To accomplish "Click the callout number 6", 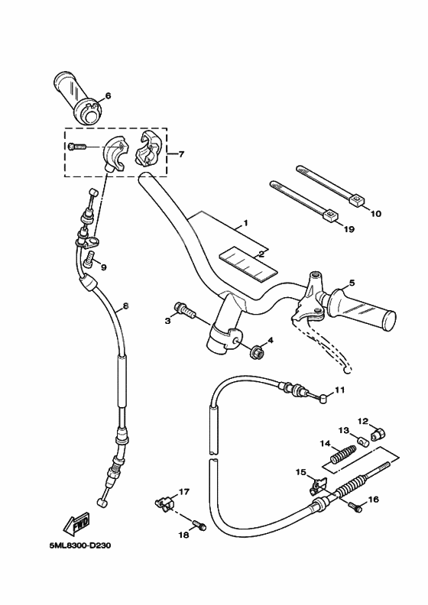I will pos(108,95).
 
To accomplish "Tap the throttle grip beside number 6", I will pos(79,97).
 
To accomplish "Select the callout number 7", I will pos(181,154).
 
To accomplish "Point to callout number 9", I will pos(103,267).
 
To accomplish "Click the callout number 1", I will pos(246,224).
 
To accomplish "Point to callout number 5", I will pos(351,283).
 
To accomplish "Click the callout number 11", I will pos(340,390).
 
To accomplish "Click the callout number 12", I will pos(364,419).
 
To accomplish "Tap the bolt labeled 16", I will pos(355,506).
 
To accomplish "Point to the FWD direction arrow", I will pos(76,525).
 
